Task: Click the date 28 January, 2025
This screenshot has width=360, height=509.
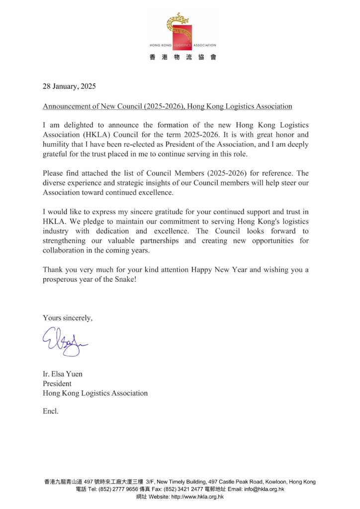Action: click(69, 86)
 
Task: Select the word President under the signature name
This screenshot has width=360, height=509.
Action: click(57, 384)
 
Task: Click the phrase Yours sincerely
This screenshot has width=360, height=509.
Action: click(68, 318)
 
